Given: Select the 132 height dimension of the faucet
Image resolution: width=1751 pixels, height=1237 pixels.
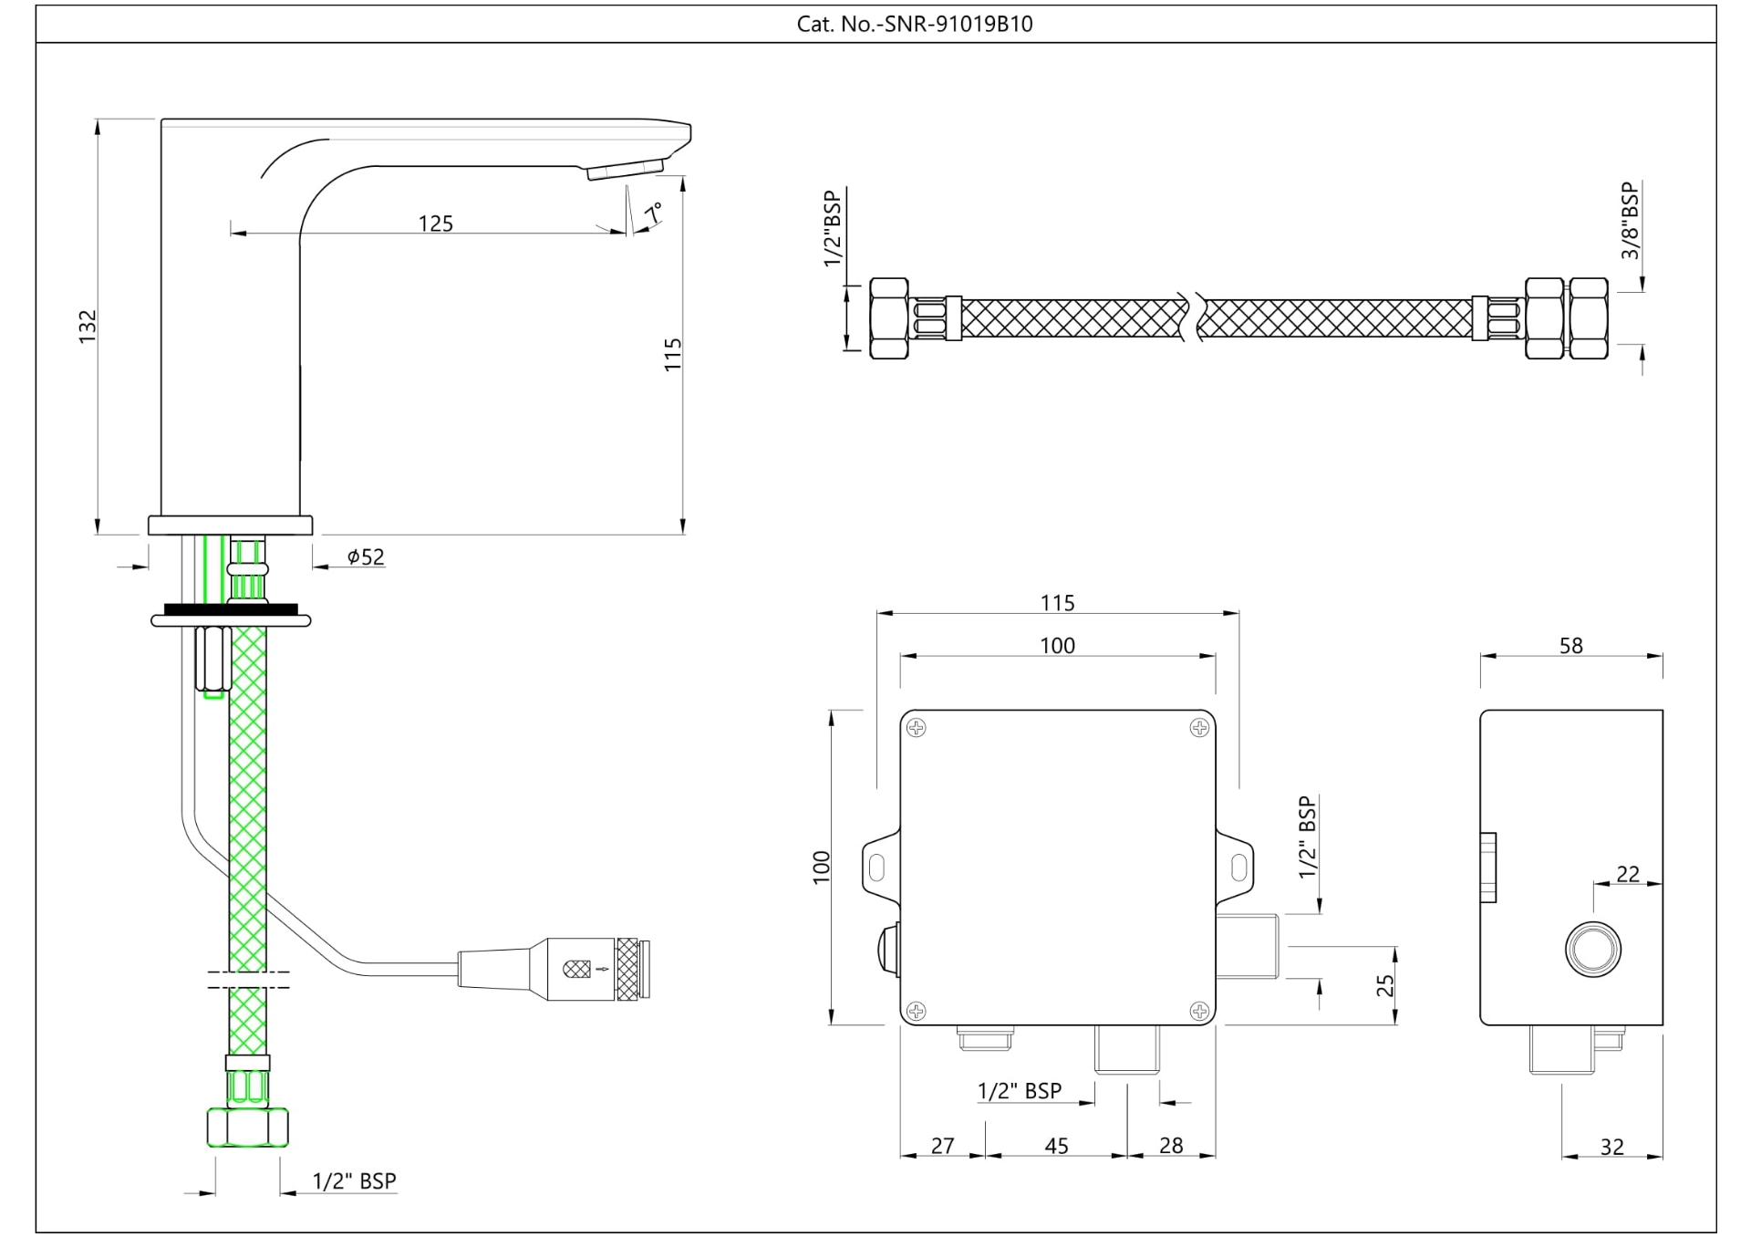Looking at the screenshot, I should pos(88,327).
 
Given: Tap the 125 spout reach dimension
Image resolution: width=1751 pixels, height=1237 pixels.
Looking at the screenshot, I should pos(435,223).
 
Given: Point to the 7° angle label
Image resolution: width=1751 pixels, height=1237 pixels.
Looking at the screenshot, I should pos(653,213).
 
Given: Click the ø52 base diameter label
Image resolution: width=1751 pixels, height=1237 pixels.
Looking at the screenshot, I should pos(366,556).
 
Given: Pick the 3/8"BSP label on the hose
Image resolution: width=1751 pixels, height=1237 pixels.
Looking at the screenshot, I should pos(1630,221).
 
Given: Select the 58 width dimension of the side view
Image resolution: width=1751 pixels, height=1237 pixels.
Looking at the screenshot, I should pos(1570,646).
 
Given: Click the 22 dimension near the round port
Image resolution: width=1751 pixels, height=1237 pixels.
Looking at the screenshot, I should pos(1627,874).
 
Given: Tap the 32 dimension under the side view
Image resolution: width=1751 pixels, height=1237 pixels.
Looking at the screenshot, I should pos(1611,1147).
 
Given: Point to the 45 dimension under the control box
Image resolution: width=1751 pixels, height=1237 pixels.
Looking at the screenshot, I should pos(1056,1146).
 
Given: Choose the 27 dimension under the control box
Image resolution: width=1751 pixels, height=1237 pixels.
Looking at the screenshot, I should pos(942,1146).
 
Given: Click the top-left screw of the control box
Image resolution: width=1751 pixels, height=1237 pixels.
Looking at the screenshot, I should pos(917,727).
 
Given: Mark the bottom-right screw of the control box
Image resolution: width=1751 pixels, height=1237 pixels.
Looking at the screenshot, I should pos(1199,1010).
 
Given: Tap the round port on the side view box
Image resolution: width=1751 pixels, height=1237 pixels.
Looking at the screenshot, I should pos(1593,949).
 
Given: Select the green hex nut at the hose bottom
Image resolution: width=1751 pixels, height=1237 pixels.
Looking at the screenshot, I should pos(248,1127).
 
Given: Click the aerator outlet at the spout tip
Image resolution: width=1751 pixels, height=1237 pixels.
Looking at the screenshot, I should pos(625,170).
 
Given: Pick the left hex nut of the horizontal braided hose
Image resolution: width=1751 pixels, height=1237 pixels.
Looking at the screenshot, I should pos(888,318).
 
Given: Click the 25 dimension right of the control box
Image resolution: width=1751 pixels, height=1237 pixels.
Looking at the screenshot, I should pos(1385,985).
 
